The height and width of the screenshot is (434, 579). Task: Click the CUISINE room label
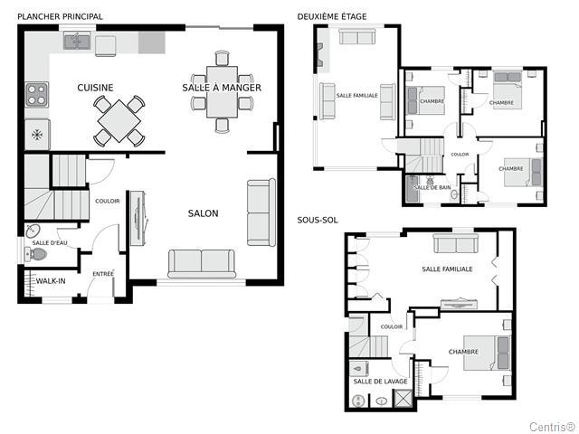95,88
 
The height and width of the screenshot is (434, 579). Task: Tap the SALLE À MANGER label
222,88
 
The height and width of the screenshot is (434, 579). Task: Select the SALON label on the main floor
203,213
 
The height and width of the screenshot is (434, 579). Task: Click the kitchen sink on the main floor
77,41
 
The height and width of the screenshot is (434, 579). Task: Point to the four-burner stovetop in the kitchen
37,94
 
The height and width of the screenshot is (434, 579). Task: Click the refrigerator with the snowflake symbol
37,135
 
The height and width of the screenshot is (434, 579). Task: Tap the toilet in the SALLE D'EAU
36,254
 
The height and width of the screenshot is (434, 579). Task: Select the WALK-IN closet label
51,281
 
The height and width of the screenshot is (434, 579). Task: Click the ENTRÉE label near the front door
103,273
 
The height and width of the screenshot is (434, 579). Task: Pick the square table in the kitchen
119,120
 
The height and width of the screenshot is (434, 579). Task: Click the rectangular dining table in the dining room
222,92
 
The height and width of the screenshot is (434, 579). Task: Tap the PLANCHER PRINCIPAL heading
61,16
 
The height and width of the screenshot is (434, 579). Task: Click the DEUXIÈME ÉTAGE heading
332,16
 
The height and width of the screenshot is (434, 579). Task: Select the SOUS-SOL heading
318,221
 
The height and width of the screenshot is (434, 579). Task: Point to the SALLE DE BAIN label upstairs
432,187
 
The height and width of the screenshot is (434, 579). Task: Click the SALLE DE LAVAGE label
380,382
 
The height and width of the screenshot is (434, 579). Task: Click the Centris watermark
553,427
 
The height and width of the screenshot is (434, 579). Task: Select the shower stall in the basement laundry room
403,398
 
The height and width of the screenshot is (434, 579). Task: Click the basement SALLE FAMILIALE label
447,269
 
